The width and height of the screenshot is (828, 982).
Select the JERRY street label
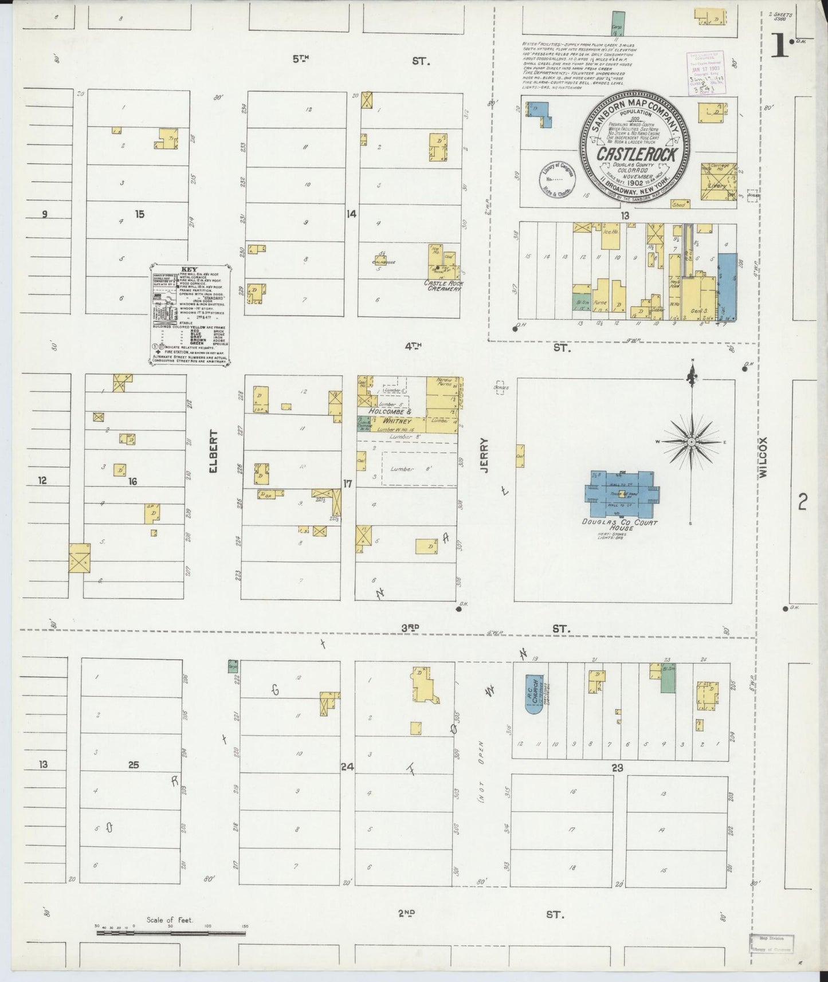(485, 455)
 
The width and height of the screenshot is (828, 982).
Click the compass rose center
(692, 442)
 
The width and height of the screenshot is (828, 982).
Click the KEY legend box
(190, 313)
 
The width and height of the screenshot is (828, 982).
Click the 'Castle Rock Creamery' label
(442, 286)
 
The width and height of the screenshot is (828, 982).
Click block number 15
(140, 214)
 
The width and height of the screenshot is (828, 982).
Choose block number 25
(134, 765)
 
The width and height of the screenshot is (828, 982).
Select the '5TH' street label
(300, 58)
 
